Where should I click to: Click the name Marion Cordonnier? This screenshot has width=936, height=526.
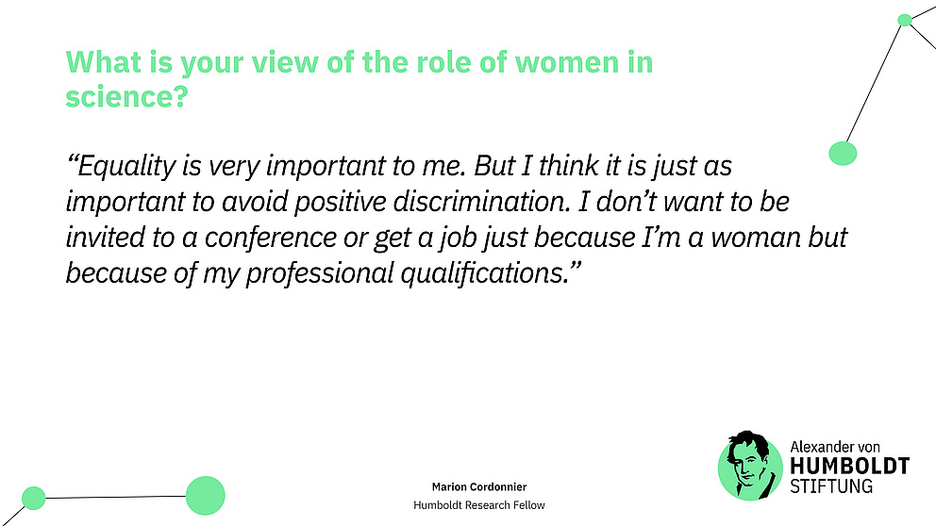pyautogui.click(x=479, y=486)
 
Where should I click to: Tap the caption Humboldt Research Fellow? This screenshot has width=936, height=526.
pyautogui.click(x=479, y=505)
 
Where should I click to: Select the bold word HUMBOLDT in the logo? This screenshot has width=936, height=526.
pyautogui.click(x=848, y=467)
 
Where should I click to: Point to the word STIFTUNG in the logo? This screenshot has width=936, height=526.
pyautogui.click(x=831, y=486)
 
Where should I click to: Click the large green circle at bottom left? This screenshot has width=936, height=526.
pyautogui.click(x=205, y=495)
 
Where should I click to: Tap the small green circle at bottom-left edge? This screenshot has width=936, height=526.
pyautogui.click(x=33, y=497)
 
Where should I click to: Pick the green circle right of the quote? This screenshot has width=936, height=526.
pyautogui.click(x=842, y=153)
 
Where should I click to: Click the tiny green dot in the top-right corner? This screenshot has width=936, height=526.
pyautogui.click(x=904, y=20)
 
